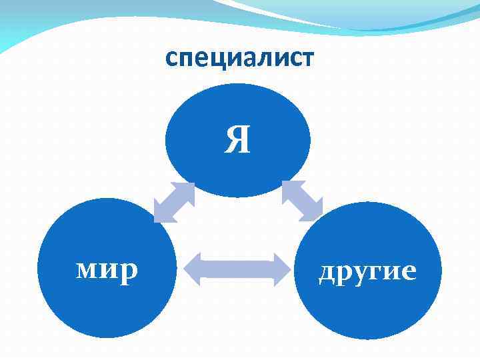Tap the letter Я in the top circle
tap(237, 140)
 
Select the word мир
tap(107, 270)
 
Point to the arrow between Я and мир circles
tap(174, 202)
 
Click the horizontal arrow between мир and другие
tap(237, 270)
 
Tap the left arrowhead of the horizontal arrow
tap(191, 270)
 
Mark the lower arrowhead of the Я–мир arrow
tap(162, 214)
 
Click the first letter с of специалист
tap(171, 61)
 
